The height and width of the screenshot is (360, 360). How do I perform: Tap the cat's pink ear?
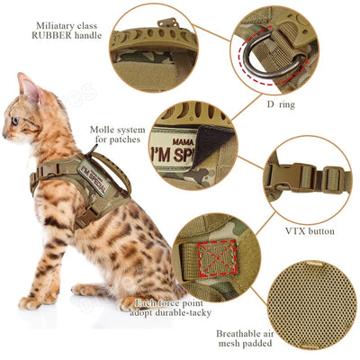point(29,88)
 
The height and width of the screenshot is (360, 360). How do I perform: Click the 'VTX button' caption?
point(310,231)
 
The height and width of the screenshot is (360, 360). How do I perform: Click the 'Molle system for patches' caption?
point(114,135)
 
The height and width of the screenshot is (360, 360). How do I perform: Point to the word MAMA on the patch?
point(183,140)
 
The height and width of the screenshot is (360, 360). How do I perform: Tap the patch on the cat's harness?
point(92,177)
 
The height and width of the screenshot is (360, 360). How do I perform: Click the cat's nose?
point(4,131)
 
